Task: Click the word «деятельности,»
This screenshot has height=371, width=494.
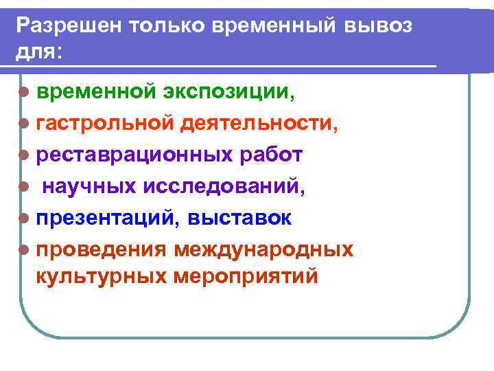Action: [x=258, y=124]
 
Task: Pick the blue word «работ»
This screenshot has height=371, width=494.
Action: [x=269, y=155]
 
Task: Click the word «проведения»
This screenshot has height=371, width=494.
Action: [x=100, y=249]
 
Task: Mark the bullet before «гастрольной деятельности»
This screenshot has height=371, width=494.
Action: [x=25, y=124]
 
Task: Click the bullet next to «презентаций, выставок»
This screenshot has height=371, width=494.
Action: [x=25, y=218]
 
